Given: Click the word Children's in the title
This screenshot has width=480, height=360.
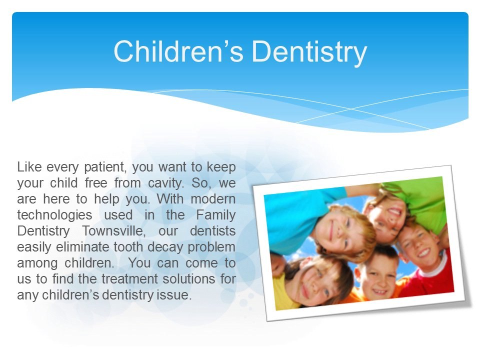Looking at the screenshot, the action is [178, 51].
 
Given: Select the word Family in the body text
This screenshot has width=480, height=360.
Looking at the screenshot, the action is [216, 215].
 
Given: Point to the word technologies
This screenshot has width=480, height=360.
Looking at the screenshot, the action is [54, 215].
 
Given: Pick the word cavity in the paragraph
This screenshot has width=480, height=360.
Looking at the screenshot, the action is [166, 183].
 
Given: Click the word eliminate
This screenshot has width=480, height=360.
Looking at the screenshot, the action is [82, 246].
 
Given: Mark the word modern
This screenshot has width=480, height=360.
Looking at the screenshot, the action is [213, 199].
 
